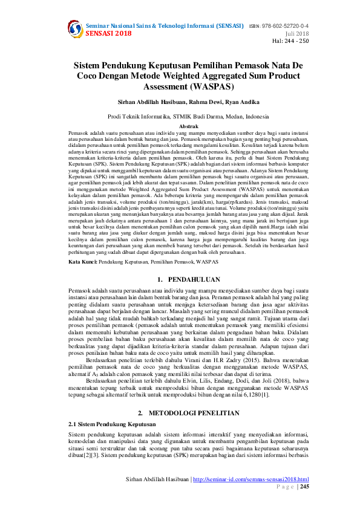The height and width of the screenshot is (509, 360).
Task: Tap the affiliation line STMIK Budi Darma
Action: pyautogui.click(x=180, y=116)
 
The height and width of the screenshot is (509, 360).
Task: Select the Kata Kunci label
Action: pyautogui.click(x=82, y=262)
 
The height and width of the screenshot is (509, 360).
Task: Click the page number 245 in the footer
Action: pyautogui.click(x=304, y=486)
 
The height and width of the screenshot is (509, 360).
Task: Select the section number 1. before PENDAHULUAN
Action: pyautogui.click(x=159, y=280)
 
